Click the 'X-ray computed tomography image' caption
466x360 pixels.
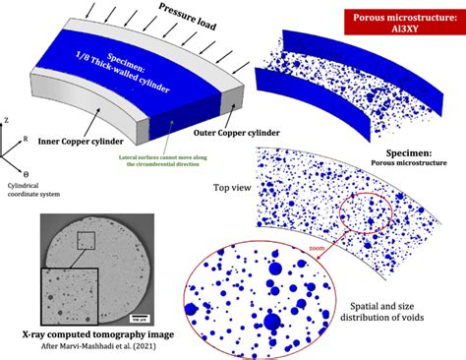tap(93, 334)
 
